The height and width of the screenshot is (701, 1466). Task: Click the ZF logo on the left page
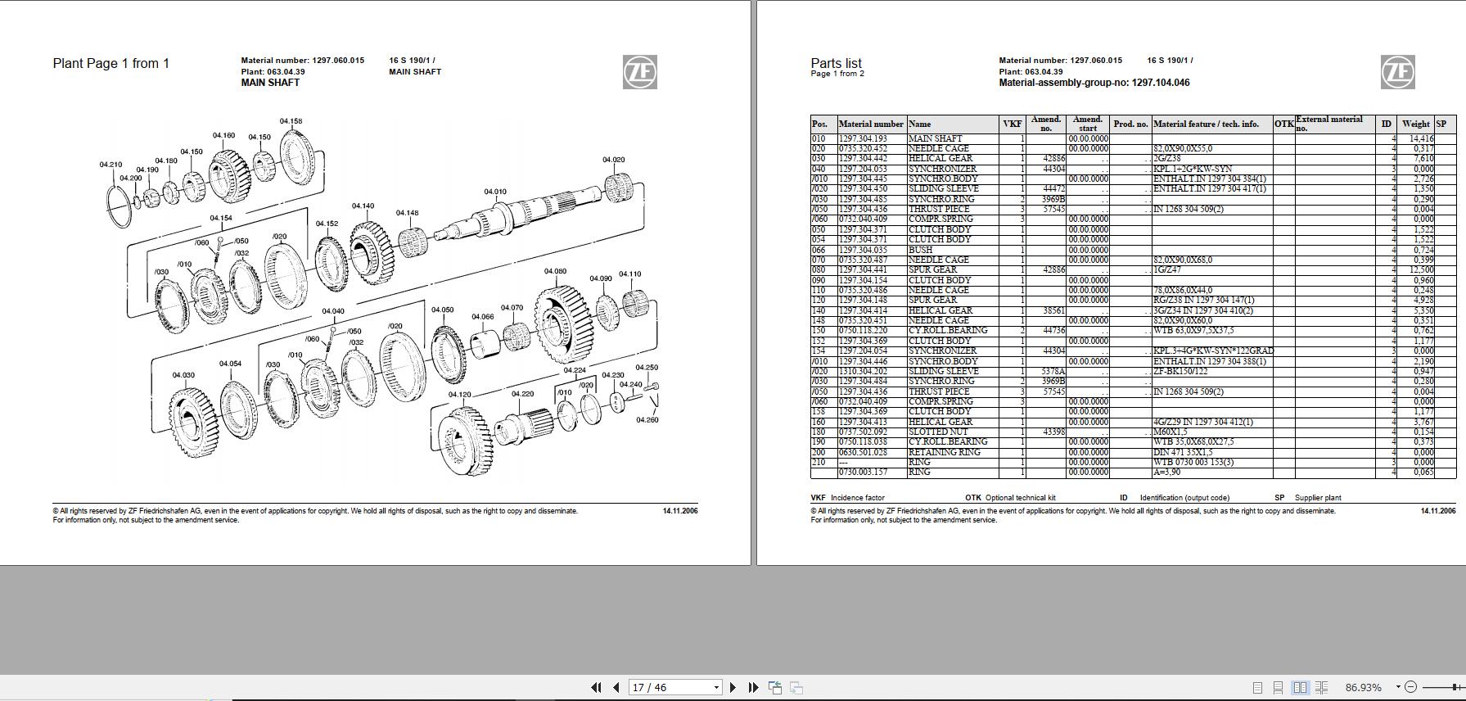[639, 72]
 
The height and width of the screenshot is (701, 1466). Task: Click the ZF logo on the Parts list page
[1397, 72]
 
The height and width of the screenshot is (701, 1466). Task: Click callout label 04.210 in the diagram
[111, 165]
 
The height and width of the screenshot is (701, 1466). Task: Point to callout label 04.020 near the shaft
[613, 160]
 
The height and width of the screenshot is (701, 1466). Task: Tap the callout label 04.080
[555, 271]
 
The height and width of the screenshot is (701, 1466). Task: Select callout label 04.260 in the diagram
[647, 420]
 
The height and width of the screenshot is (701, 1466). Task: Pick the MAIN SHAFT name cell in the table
[935, 138]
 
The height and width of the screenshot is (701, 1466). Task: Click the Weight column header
[1415, 124]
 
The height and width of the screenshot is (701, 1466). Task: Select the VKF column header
[1012, 124]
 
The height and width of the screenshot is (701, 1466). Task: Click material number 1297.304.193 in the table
[863, 138]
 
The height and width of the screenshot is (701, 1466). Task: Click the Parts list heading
[836, 63]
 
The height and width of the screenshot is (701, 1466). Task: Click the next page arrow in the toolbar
[733, 687]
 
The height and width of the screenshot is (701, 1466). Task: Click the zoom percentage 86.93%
[1363, 687]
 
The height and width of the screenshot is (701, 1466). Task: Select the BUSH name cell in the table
[920, 250]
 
